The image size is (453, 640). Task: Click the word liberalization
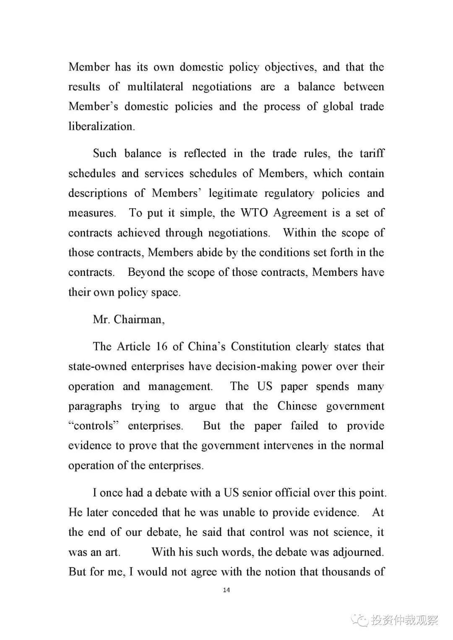[102, 127]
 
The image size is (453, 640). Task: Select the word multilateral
[155, 87]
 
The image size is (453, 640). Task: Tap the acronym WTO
[254, 213]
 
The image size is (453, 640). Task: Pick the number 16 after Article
[161, 347]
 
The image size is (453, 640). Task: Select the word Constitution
[260, 347]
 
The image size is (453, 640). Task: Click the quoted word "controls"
[94, 426]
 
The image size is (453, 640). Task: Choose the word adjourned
[358, 552]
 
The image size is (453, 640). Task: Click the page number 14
[226, 590]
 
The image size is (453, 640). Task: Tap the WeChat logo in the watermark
[359, 620]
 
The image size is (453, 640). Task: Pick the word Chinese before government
[297, 406]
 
